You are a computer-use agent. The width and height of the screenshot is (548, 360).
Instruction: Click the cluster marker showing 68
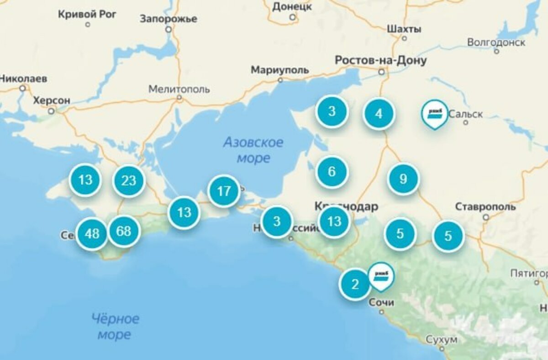(x=123, y=231)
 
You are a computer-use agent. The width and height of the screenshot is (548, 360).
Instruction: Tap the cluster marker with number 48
(x=92, y=234)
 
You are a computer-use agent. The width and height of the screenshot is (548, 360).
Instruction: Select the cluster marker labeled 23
(x=129, y=180)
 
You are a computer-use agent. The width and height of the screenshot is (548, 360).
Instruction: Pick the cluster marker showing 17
(x=224, y=191)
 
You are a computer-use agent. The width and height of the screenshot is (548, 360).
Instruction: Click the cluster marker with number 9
(x=403, y=179)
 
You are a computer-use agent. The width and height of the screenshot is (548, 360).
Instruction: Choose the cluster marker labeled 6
(x=332, y=172)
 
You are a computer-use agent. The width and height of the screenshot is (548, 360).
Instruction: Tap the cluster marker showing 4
(x=379, y=114)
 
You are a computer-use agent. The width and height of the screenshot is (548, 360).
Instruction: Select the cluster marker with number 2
(x=355, y=284)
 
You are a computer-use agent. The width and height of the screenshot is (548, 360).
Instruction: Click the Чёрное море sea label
(x=115, y=326)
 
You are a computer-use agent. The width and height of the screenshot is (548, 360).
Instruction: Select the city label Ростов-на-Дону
(x=380, y=60)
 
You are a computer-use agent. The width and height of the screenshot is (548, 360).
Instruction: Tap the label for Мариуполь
(x=279, y=70)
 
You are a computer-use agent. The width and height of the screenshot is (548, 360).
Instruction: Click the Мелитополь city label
(x=179, y=89)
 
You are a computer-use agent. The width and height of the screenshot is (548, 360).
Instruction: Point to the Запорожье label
(x=169, y=19)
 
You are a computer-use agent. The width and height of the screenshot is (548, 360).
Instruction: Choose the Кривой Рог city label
(x=87, y=14)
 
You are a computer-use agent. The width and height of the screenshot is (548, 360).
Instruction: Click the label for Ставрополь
(x=485, y=207)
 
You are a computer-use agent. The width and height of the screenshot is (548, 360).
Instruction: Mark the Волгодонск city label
(x=496, y=42)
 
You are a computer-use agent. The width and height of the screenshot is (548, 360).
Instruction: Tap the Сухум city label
(x=441, y=340)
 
